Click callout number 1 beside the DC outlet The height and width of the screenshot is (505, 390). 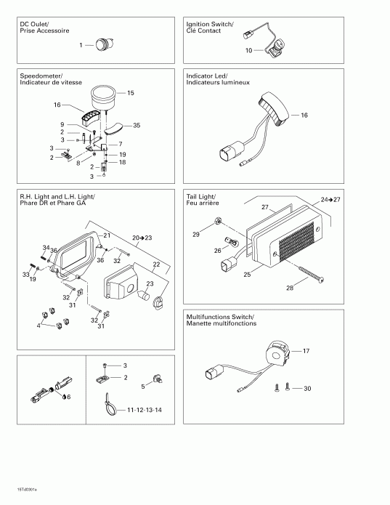(x=81, y=45)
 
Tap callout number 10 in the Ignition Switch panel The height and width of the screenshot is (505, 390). (x=248, y=51)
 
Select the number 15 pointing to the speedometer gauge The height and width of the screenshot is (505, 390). (x=131, y=93)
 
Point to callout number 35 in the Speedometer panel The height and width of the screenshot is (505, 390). (x=137, y=125)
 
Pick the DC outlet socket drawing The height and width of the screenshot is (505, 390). (x=103, y=44)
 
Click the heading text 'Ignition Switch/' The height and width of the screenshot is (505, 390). (x=209, y=24)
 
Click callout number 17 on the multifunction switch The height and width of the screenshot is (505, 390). (x=306, y=351)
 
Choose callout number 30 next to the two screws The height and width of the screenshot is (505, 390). (x=307, y=389)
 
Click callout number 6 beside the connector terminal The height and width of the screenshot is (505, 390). (x=68, y=397)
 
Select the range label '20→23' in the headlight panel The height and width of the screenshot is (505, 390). (x=144, y=238)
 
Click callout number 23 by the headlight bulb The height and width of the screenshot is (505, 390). (x=151, y=284)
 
